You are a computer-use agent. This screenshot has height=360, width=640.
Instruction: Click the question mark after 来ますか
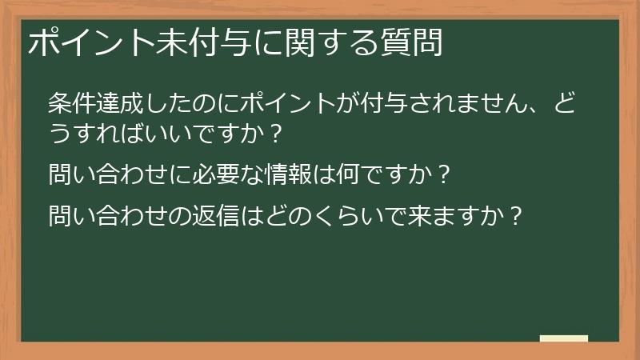[517, 215]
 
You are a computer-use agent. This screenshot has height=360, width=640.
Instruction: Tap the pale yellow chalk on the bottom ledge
[563, 338]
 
